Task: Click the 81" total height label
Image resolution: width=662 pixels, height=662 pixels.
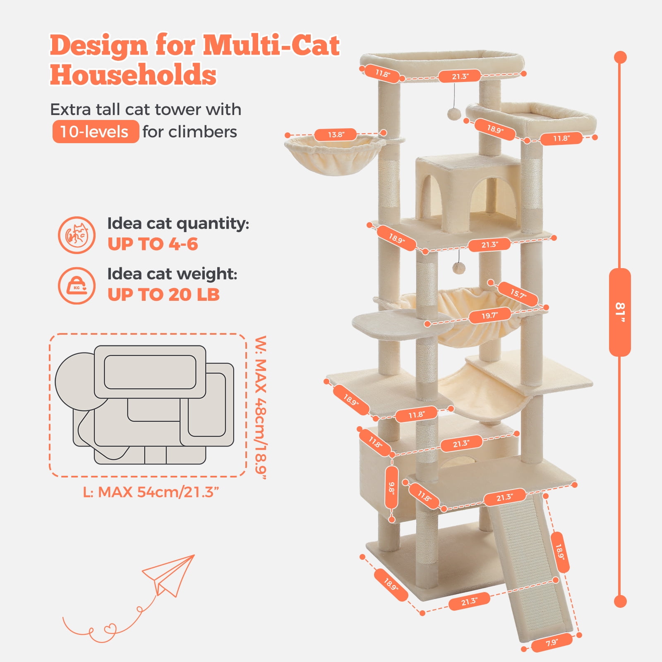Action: (619, 312)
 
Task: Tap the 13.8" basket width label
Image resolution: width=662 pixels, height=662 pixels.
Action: (336, 134)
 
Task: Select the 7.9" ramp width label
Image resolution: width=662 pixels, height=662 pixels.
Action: (552, 643)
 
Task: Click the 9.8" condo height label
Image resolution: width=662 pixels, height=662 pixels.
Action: (391, 488)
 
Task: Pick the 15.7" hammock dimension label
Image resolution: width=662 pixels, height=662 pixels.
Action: (518, 294)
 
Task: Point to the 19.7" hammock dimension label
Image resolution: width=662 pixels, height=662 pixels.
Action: (489, 316)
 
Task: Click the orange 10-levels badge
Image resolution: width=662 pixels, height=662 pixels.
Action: (95, 132)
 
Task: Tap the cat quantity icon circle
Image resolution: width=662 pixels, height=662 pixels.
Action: (77, 235)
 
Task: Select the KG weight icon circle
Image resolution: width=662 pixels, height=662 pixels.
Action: (77, 285)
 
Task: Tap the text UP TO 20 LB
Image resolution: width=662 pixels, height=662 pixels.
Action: (163, 295)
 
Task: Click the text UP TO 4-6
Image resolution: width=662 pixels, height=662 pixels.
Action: (153, 244)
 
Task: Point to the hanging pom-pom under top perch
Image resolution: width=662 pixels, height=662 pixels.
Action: (453, 113)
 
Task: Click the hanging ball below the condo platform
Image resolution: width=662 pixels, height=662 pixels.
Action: (458, 268)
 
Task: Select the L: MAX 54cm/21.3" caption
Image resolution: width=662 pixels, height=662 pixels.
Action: (151, 492)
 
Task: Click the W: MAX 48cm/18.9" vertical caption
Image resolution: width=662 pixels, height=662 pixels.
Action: (261, 407)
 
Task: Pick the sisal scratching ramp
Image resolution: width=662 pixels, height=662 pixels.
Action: (531, 567)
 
